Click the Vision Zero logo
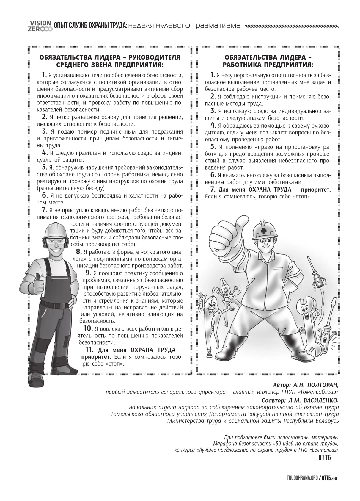click(x=40, y=26)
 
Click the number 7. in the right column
click(x=213, y=189)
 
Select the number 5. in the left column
click(x=45, y=167)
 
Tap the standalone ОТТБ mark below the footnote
click(x=324, y=458)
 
